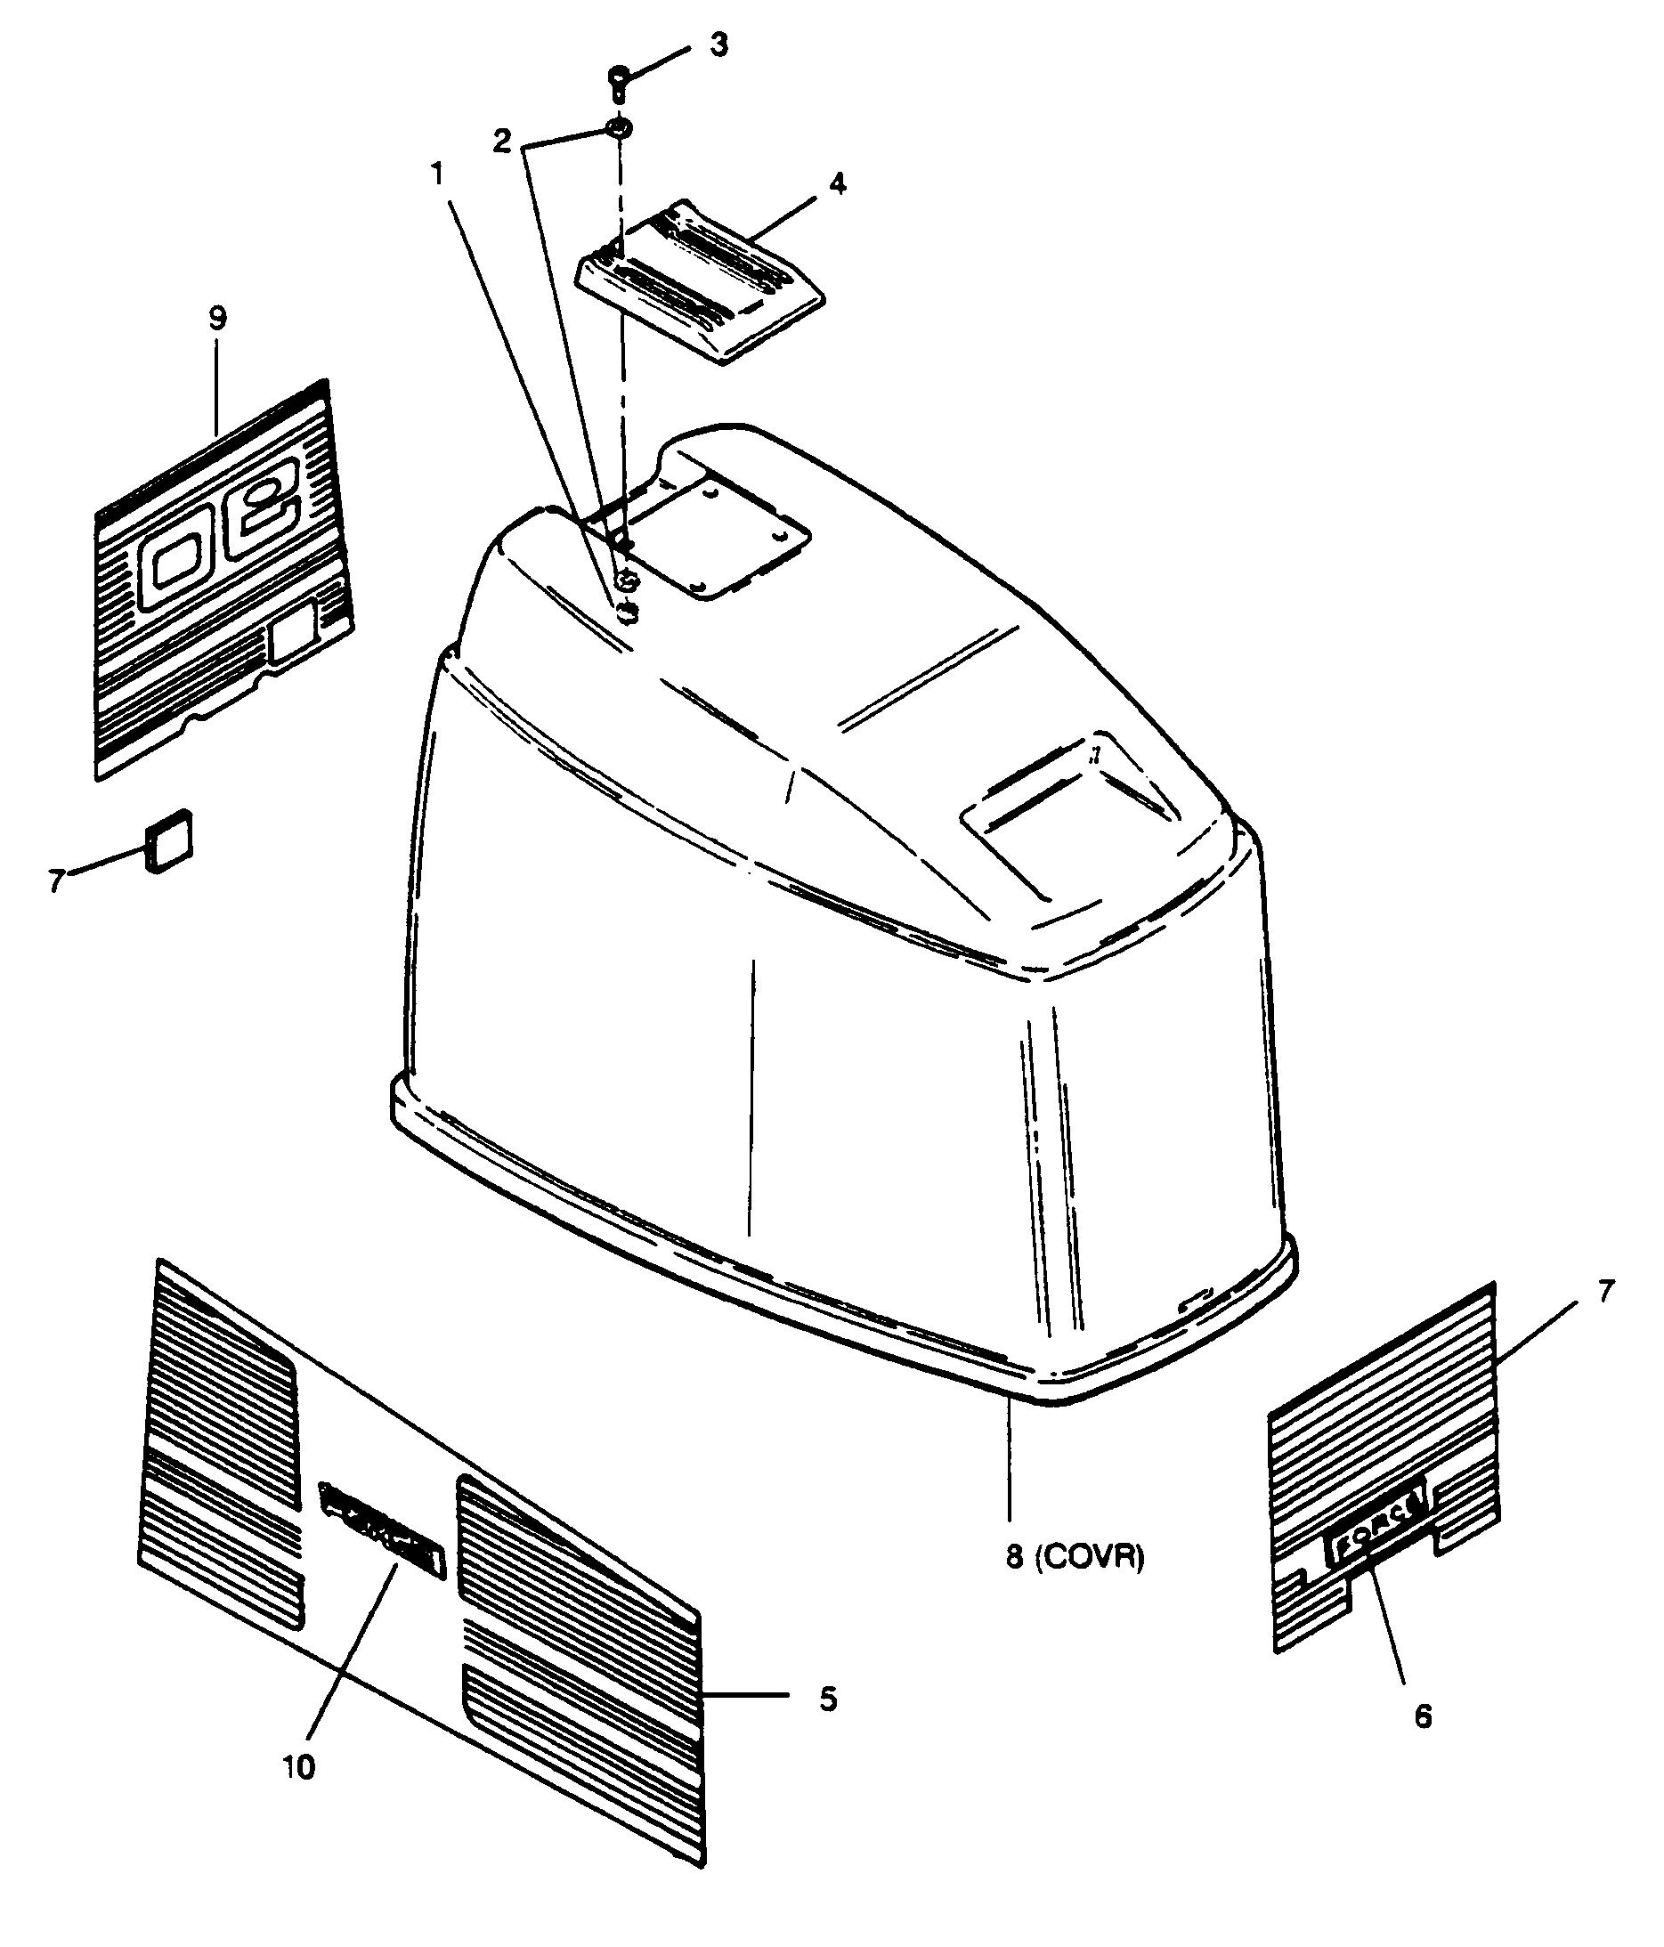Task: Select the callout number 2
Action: pos(503,141)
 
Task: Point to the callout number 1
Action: pos(437,174)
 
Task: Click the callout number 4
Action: pos(836,183)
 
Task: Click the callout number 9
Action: pos(217,319)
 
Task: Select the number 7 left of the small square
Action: pos(56,880)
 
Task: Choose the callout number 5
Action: pos(827,1699)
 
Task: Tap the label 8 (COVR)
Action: pos(1075,1558)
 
